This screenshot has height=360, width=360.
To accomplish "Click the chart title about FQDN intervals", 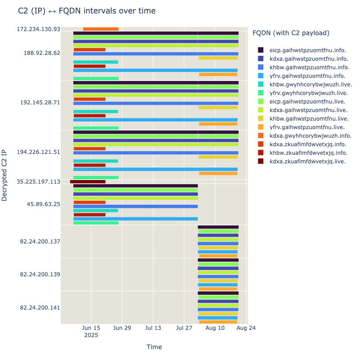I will click(x=87, y=11).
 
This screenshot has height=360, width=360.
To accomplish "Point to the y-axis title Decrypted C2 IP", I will click(x=4, y=175).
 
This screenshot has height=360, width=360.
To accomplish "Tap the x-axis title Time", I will click(x=154, y=347).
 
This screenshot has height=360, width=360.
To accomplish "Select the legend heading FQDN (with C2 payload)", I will click(x=291, y=33).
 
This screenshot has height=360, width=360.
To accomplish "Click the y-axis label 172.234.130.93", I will click(x=38, y=29).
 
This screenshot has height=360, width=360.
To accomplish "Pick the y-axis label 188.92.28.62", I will click(x=42, y=53).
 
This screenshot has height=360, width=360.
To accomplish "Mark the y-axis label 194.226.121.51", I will click(x=38, y=152).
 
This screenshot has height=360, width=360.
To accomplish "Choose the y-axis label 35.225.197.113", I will click(x=38, y=182).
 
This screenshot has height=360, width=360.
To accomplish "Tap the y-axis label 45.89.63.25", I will click(x=43, y=204).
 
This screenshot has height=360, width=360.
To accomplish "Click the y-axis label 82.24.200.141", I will click(x=40, y=308).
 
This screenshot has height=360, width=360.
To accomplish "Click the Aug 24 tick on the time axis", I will click(x=246, y=328).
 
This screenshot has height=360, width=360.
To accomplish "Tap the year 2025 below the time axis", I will click(x=91, y=335).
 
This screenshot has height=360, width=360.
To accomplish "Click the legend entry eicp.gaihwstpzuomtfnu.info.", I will click(x=308, y=50).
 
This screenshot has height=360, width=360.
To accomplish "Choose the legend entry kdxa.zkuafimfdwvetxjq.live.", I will click(x=308, y=161).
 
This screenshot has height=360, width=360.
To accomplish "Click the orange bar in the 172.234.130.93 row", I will click(x=101, y=29).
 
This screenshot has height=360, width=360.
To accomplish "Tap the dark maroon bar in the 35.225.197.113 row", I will click(x=88, y=182).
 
